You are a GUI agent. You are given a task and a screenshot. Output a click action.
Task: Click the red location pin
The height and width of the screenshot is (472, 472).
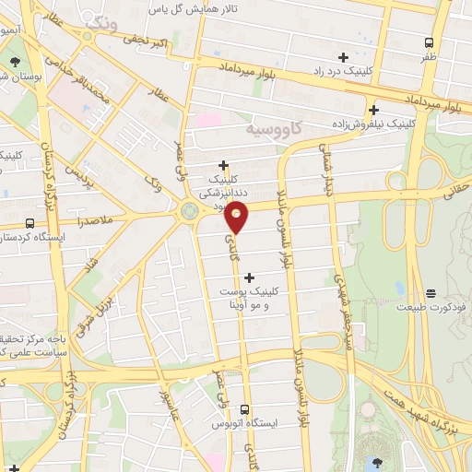click(238, 218)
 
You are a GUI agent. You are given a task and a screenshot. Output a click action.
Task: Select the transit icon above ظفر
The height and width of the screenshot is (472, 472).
click(429, 41)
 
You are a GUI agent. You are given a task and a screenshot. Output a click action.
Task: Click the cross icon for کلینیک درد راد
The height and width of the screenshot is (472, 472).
click(343, 57)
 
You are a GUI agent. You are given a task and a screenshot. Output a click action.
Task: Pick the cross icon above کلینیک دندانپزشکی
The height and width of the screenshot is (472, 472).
click(223, 166)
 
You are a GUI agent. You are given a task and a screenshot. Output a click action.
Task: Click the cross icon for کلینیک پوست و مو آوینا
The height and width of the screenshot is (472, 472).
click(249, 276)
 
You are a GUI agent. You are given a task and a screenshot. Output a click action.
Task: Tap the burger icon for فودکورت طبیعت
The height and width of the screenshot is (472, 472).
click(431, 293)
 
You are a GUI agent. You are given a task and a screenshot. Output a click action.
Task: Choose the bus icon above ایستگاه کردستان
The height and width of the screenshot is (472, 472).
click(30, 223)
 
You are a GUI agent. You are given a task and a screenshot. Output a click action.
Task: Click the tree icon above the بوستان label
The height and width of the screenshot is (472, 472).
click(15, 62)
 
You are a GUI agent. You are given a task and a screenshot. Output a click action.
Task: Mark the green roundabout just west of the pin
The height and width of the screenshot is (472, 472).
click(189, 211)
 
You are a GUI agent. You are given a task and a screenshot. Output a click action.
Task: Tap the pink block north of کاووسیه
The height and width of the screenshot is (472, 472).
click(208, 120)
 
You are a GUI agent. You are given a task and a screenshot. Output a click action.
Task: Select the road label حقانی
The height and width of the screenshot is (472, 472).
click(454, 195)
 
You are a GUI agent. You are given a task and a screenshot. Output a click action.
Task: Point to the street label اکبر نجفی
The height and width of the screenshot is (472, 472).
click(147, 42)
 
